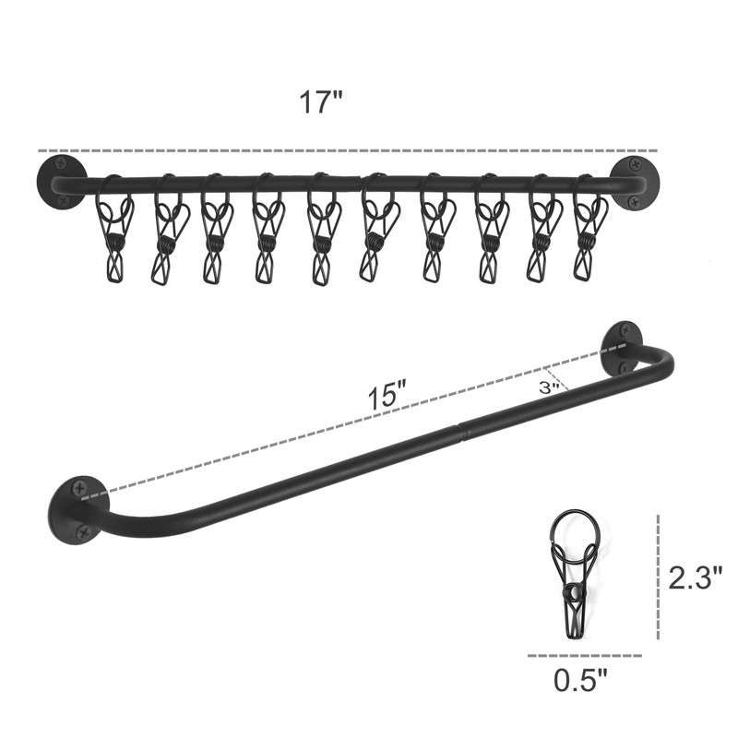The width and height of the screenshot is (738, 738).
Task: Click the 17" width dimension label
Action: (320, 102)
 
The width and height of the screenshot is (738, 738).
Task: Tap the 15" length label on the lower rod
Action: (387, 398)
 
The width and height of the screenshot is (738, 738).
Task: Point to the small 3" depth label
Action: (549, 387)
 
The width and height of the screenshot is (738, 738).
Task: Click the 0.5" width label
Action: (581, 680)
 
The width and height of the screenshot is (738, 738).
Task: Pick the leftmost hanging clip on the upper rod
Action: (113, 228)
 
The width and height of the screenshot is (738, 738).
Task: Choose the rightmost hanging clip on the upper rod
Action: (588, 227)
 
